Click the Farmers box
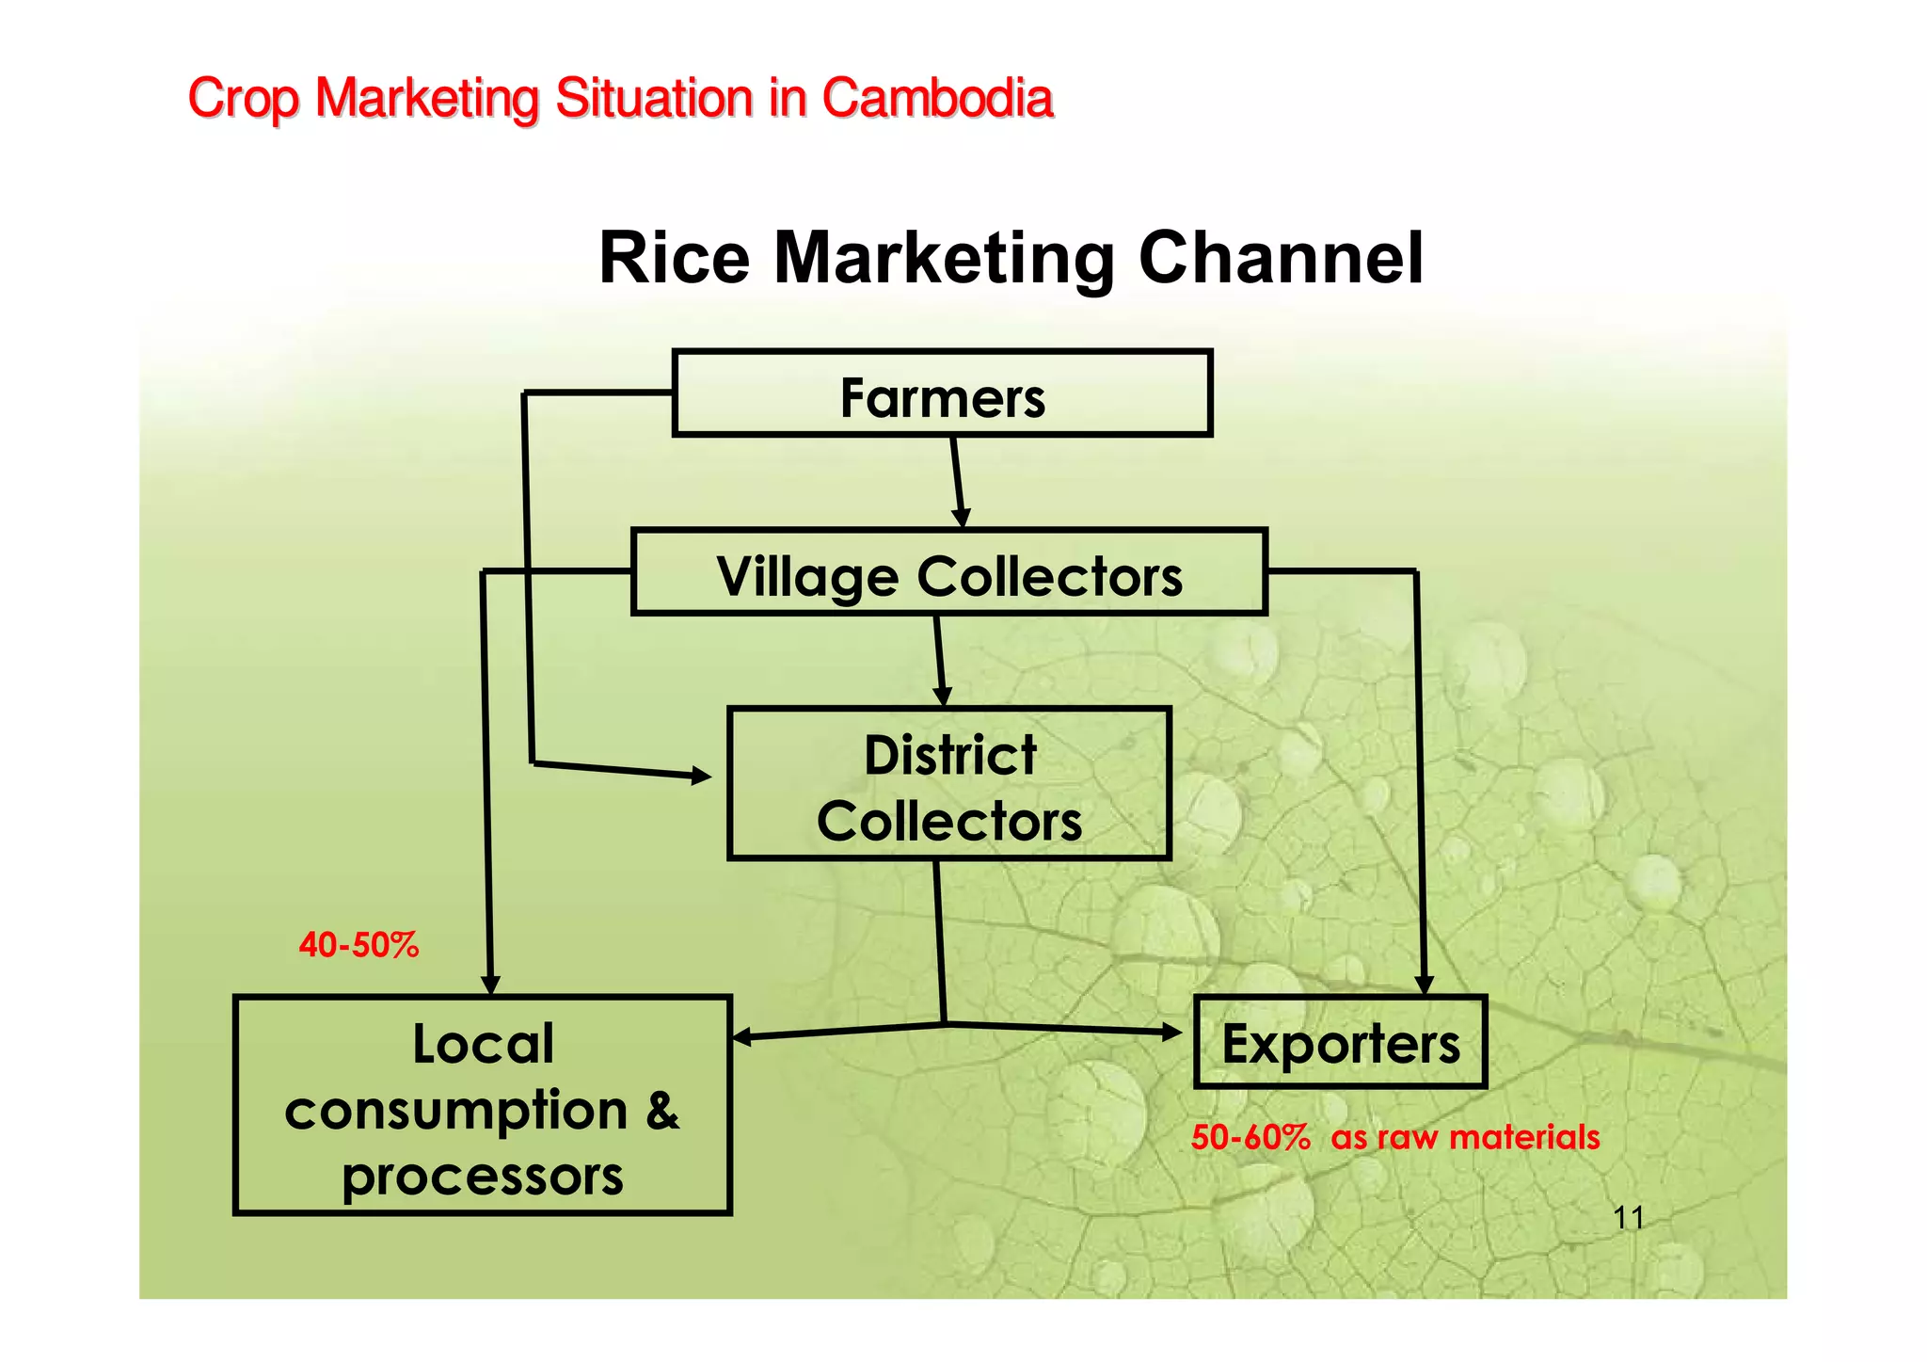(942, 393)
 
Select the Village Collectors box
(948, 572)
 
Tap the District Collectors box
(948, 784)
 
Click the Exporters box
(1340, 1042)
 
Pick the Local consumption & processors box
(482, 1105)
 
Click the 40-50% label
(358, 944)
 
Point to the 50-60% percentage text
(1250, 1137)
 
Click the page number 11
(1628, 1218)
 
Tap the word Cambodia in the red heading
(937, 98)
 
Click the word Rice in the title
(674, 258)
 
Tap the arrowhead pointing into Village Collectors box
(961, 518)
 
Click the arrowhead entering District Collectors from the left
(701, 777)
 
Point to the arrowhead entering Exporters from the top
(1424, 985)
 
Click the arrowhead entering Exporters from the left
(1171, 1033)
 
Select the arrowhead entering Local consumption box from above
(490, 985)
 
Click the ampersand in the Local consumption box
(662, 1111)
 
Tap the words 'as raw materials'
(1465, 1137)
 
